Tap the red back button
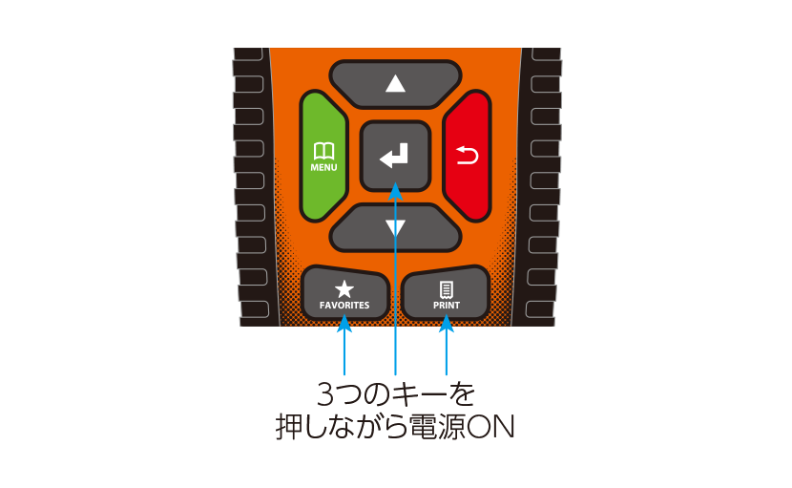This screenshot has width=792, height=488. click(x=468, y=156)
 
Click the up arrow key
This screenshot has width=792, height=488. click(x=395, y=84)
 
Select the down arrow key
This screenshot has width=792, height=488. click(x=395, y=227)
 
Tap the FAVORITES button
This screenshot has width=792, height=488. click(x=344, y=294)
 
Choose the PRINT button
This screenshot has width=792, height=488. click(x=446, y=294)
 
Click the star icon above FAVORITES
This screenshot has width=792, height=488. click(x=344, y=289)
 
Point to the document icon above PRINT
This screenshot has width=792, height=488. click(x=446, y=289)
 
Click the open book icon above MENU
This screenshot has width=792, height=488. click(x=323, y=151)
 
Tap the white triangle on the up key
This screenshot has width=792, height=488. click(x=395, y=83)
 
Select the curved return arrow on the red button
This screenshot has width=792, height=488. click(x=468, y=156)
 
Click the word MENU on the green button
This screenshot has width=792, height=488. click(x=323, y=167)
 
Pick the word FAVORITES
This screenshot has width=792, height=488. click(x=344, y=306)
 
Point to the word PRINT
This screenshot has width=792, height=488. click(x=446, y=306)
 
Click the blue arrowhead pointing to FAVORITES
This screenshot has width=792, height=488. click(x=344, y=324)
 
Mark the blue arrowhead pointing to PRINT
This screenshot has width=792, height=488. click(x=446, y=324)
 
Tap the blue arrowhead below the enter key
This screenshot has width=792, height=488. click(x=395, y=192)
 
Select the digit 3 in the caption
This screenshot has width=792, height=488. click(x=325, y=394)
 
